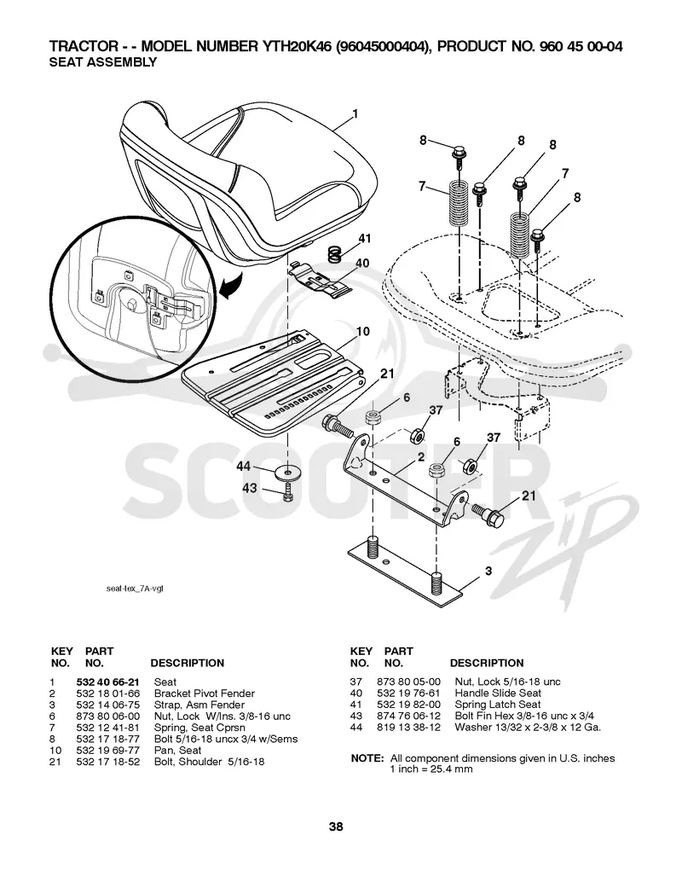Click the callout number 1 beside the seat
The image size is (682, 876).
[355, 114]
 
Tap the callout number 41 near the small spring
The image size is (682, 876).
[364, 239]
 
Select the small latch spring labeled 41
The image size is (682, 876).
[335, 255]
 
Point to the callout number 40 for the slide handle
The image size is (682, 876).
[362, 263]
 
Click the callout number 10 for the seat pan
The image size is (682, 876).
[363, 331]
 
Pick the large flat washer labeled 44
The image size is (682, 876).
[287, 471]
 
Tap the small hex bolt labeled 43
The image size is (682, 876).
[287, 492]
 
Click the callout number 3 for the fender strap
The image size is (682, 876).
[488, 571]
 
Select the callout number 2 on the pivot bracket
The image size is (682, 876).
[420, 458]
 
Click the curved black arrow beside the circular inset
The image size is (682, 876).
[231, 285]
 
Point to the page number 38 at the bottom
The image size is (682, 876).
[336, 827]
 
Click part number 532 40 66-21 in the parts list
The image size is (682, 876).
[107, 682]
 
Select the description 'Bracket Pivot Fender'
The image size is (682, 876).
[205, 693]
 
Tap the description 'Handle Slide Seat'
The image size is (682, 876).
[498, 693]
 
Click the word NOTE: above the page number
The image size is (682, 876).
[367, 758]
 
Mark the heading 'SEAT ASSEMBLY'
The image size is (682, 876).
[103, 62]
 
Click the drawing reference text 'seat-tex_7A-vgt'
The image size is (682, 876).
[135, 589]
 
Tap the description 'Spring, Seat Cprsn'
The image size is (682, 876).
[199, 728]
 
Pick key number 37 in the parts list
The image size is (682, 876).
[355, 682]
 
